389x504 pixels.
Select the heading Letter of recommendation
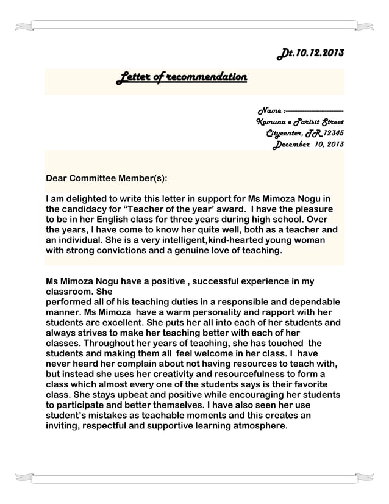click(x=182, y=78)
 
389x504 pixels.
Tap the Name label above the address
click(x=269, y=111)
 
